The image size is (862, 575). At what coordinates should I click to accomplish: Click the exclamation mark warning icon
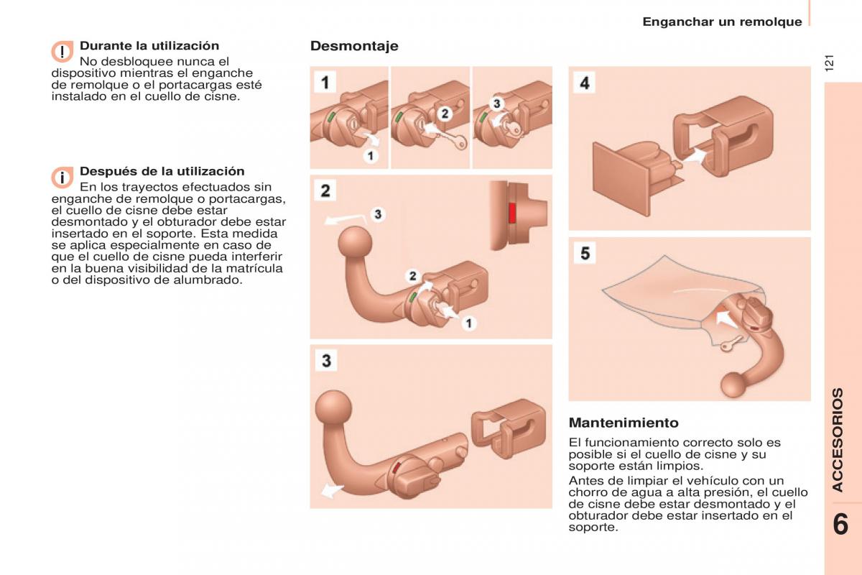point(62,52)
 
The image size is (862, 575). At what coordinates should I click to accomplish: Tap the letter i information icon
point(62,177)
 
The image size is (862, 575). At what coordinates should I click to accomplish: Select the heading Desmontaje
point(354,46)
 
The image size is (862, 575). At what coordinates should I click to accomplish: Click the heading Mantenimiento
point(624,423)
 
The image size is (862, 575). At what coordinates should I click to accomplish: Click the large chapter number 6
point(841,523)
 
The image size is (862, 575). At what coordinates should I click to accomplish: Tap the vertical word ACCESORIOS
point(838,440)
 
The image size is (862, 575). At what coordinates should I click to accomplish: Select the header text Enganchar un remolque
point(722,22)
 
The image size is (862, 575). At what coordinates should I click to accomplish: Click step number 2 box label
point(326,191)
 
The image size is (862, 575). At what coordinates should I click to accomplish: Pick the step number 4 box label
point(585,83)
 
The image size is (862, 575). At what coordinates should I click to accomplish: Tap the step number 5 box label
point(585,253)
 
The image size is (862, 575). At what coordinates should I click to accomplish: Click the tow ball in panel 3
point(334,407)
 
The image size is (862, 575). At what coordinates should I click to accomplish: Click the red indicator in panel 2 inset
point(512,212)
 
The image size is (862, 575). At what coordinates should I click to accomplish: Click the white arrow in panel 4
point(693,153)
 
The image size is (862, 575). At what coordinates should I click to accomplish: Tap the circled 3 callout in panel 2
point(378,214)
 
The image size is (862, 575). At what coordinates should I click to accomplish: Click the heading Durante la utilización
point(149,46)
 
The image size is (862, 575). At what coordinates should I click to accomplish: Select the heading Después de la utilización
point(162,171)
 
